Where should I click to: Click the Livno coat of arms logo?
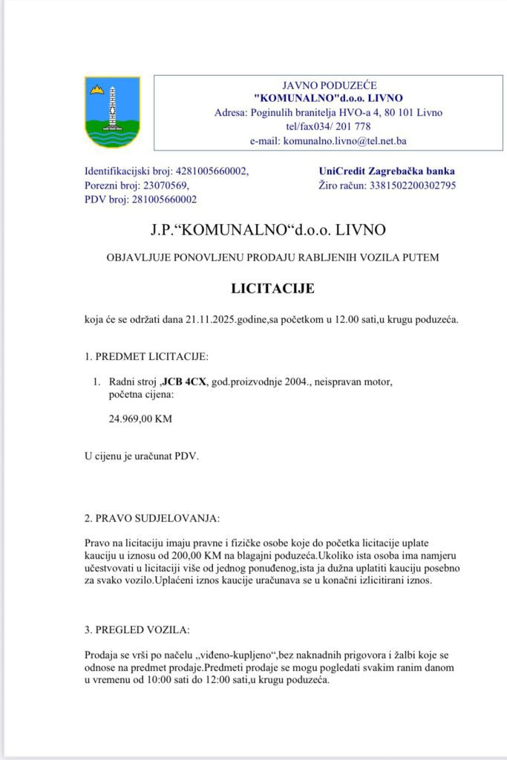112,112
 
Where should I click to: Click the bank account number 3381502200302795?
410,185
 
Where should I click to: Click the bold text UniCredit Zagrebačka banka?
386,171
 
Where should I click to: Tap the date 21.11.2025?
211,320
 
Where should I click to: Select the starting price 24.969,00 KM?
140,419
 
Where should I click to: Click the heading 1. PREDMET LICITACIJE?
146,356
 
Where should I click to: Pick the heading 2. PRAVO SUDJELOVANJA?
152,517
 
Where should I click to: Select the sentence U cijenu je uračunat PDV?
142,455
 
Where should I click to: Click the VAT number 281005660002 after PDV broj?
166,199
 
